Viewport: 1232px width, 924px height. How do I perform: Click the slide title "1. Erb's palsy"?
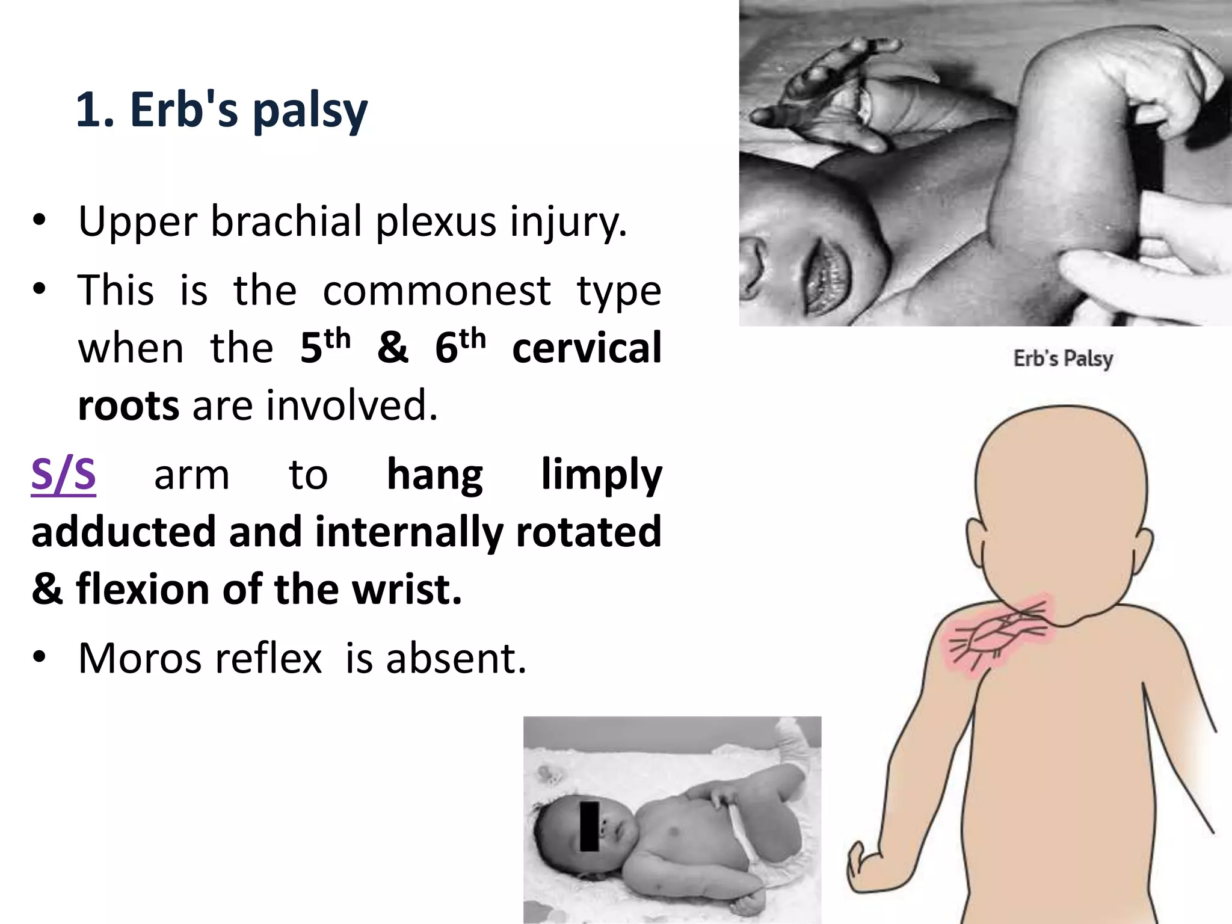[x=221, y=109]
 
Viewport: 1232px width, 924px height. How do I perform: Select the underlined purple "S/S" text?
[x=63, y=475]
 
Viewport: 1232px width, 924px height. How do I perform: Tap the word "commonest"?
[x=437, y=291]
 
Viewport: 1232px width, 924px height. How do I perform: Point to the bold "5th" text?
[x=324, y=347]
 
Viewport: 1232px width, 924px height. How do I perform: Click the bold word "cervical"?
[x=587, y=348]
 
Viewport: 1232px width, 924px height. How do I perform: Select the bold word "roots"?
[x=128, y=405]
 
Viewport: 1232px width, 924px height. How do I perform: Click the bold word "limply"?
[x=601, y=475]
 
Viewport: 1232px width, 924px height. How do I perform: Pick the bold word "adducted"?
[x=123, y=532]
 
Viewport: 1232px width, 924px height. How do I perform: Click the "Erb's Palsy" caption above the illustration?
[x=1063, y=359]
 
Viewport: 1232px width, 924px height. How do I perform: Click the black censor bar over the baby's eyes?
[x=590, y=826]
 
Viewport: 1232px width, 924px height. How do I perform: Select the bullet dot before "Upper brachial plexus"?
[x=39, y=221]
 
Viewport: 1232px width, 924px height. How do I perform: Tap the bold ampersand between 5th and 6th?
[x=392, y=348]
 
